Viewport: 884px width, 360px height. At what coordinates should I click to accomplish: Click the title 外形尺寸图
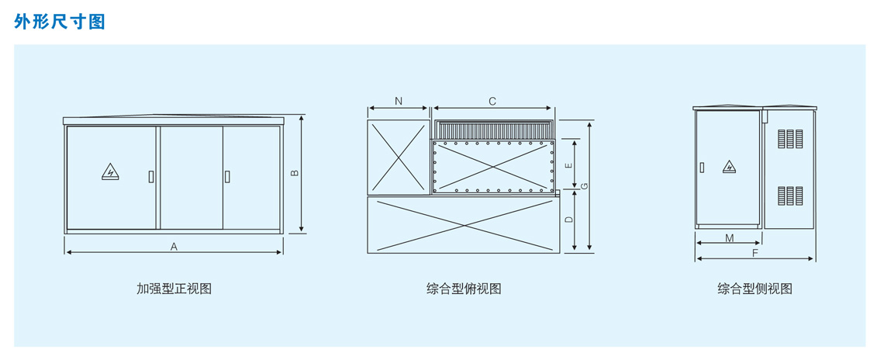coord(59,22)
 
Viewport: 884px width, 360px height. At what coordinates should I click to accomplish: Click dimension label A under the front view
coord(174,246)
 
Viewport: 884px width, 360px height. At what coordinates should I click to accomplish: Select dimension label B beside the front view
coord(295,173)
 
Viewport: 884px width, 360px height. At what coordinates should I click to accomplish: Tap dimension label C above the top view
coord(492,101)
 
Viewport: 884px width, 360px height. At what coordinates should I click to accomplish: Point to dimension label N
coord(399,101)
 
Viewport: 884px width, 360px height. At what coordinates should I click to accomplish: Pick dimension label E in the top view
coord(568,165)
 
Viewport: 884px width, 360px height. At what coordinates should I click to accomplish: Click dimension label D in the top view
coord(569,219)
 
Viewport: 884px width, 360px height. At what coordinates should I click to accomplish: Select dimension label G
coord(585,185)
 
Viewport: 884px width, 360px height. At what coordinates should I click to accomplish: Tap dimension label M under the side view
coord(730,238)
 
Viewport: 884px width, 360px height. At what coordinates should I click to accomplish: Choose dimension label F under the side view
coord(755,254)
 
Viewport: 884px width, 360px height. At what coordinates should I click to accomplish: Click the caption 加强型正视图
coord(174,289)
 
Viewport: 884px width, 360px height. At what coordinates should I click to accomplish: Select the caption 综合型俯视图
coord(464,289)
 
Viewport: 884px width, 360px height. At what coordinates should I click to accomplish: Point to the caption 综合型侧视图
coord(755,289)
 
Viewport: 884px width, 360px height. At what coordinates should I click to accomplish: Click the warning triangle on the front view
coord(110,171)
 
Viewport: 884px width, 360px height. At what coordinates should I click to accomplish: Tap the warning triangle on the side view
coord(730,167)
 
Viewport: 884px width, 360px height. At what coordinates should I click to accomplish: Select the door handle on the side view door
coord(702,168)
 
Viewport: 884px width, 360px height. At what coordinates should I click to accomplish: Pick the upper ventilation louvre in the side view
coord(790,139)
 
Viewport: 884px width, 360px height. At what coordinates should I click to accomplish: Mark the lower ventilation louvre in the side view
coord(790,196)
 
